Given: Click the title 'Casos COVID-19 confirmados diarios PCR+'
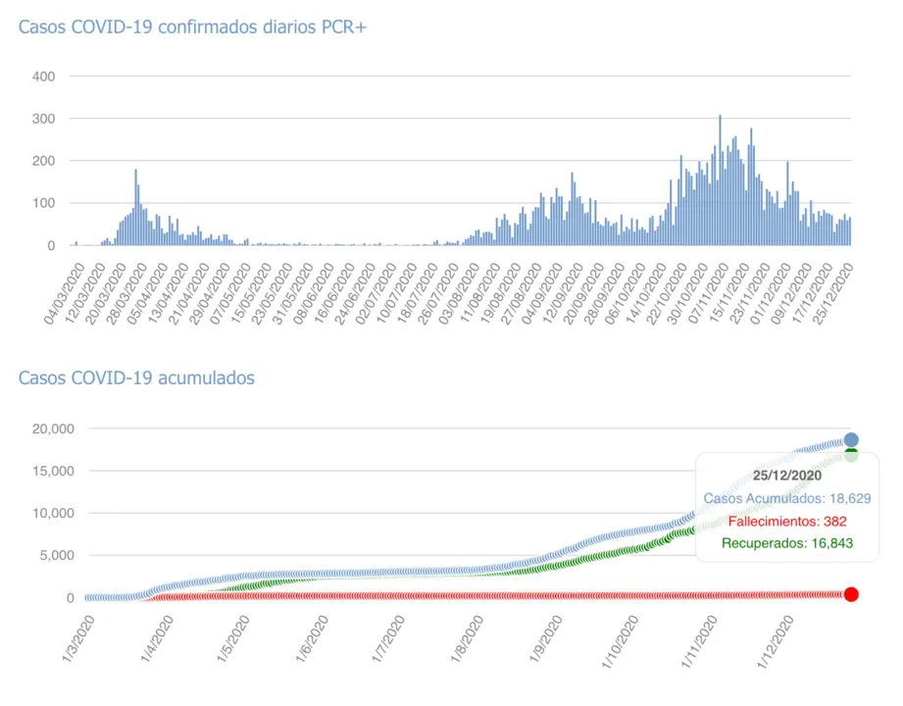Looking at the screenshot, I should pyautogui.click(x=192, y=26).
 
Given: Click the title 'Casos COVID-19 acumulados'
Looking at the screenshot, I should pyautogui.click(x=136, y=378).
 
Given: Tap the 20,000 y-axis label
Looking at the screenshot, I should pyautogui.click(x=52, y=429).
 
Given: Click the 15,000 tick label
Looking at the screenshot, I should pyautogui.click(x=52, y=471).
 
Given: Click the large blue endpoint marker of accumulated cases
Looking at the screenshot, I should pyautogui.click(x=851, y=440).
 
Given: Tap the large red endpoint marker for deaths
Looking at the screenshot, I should pyautogui.click(x=851, y=594).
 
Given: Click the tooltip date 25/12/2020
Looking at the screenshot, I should pyautogui.click(x=786, y=476).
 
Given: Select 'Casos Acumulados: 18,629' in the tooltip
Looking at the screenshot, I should pyautogui.click(x=786, y=498).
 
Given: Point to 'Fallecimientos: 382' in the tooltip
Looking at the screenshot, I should pyautogui.click(x=786, y=521).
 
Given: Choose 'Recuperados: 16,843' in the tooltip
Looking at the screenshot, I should pyautogui.click(x=786, y=543).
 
